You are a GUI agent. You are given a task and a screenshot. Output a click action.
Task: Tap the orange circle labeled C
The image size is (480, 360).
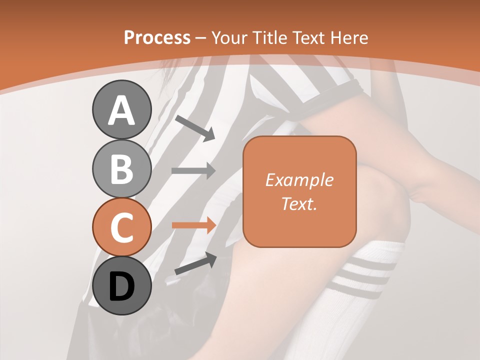pos(121,227)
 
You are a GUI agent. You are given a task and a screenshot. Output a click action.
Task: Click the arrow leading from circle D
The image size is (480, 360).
pos(195,263)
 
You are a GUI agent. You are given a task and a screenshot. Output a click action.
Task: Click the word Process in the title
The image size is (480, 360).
pos(157,37)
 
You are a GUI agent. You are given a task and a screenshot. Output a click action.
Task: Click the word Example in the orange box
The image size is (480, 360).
pos(299,180)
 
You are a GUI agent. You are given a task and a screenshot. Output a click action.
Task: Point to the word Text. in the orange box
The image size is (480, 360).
pos(299,203)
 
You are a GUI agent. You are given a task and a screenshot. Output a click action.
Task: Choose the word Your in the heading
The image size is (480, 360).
pos(228,37)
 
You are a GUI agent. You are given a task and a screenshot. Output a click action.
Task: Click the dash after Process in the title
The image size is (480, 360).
pos(201,38)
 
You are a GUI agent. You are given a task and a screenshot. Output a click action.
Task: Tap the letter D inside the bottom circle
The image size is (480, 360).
pos(121,286)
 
